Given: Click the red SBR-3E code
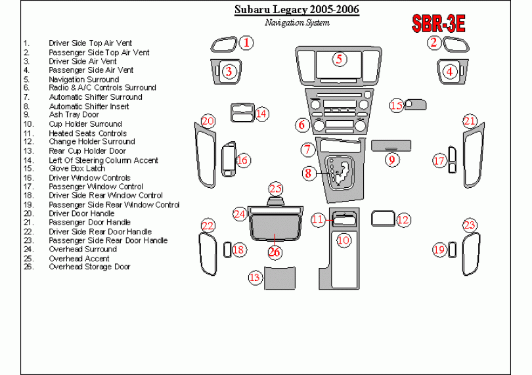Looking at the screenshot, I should pyautogui.click(x=438, y=25).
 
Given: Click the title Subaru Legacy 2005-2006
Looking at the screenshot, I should pyautogui.click(x=297, y=11).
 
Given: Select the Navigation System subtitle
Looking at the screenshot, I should pyautogui.click(x=297, y=22).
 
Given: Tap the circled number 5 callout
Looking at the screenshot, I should pyautogui.click(x=339, y=59).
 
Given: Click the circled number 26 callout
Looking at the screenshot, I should pyautogui.click(x=275, y=252).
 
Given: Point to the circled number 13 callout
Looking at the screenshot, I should pyautogui.click(x=255, y=278).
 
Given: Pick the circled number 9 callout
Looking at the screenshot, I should pyautogui.click(x=391, y=159).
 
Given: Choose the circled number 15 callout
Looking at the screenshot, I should pyautogui.click(x=396, y=105).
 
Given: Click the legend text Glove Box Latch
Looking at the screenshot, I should pyautogui.click(x=77, y=169).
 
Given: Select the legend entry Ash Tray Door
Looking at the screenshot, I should pyautogui.click(x=74, y=115).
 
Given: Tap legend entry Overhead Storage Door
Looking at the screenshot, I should pyautogui.click(x=89, y=267).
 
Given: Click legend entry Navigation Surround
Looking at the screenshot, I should pyautogui.click(x=83, y=79).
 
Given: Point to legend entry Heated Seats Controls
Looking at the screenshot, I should pyautogui.click(x=87, y=133).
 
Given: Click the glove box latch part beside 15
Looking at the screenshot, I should pyautogui.click(x=416, y=104).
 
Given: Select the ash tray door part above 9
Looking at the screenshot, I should pyautogui.click(x=391, y=144).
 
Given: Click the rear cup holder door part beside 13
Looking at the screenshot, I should pyautogui.click(x=282, y=278).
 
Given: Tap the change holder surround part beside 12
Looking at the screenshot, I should pyautogui.click(x=382, y=218).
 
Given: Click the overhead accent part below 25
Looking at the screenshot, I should pyautogui.click(x=275, y=201).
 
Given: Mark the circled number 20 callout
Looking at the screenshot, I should pyautogui.click(x=208, y=121).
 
